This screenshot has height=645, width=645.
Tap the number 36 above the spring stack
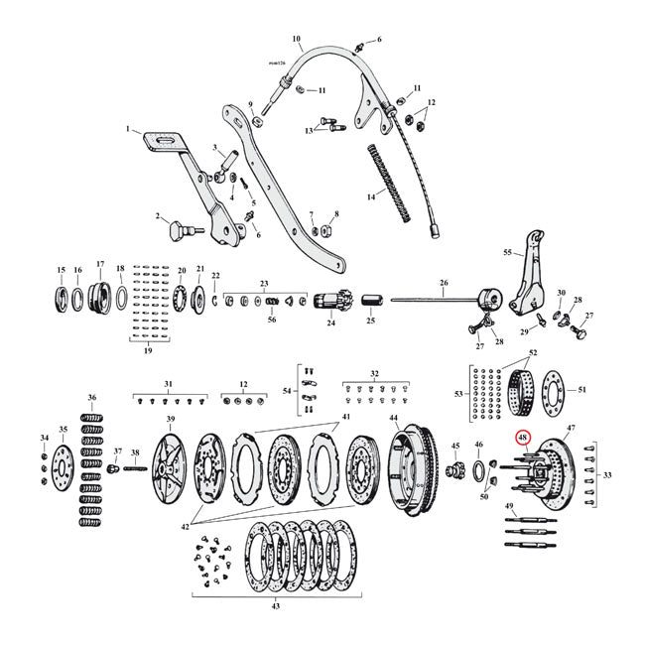92,398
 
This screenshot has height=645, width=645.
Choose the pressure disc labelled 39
172,468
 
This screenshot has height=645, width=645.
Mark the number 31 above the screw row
169,384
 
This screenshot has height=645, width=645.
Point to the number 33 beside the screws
607,473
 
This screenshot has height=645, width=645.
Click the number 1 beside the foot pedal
128,129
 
